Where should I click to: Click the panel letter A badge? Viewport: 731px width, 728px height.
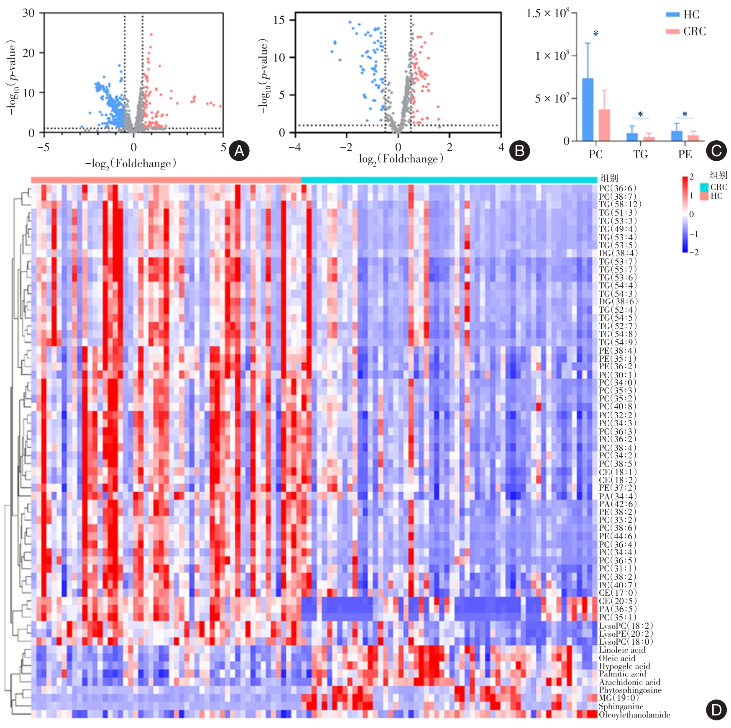[x=239, y=151]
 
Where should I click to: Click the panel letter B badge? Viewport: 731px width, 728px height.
[x=519, y=151]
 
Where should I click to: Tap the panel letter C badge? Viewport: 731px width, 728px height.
[x=716, y=151]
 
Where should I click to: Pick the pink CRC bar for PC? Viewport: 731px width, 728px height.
[x=604, y=125]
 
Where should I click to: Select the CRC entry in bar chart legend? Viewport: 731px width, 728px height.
[x=686, y=31]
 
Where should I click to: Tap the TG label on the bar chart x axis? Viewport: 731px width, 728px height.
[x=640, y=154]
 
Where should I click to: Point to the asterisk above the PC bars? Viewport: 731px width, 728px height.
[x=596, y=33]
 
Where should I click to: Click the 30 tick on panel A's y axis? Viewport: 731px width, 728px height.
[x=28, y=13]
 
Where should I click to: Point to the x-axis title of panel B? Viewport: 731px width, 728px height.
[x=401, y=159]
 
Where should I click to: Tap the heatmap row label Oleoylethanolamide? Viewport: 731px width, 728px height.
[x=634, y=715]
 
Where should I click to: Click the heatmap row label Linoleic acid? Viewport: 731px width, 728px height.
[x=622, y=650]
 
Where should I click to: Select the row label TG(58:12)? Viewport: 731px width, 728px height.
[x=620, y=204]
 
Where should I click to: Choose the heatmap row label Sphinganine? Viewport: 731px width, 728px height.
[x=621, y=707]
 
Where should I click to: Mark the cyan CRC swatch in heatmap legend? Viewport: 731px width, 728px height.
[x=704, y=187]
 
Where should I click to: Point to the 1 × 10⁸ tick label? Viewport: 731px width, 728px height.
[x=552, y=56]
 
